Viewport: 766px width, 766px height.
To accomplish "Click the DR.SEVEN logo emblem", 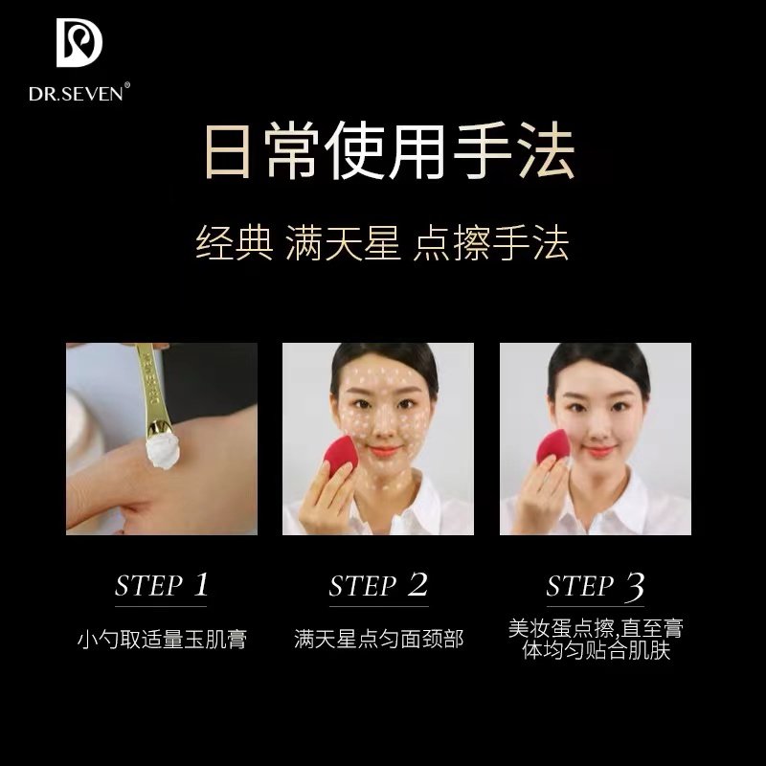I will tap(79, 42).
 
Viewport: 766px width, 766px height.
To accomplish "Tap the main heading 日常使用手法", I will tap(383, 153).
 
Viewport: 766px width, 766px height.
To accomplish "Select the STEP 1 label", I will tap(161, 586).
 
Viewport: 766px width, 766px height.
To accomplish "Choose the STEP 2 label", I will tap(377, 586).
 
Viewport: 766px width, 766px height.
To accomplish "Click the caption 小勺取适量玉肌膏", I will tap(161, 639).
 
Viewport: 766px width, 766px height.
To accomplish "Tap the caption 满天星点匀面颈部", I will tap(378, 639).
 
